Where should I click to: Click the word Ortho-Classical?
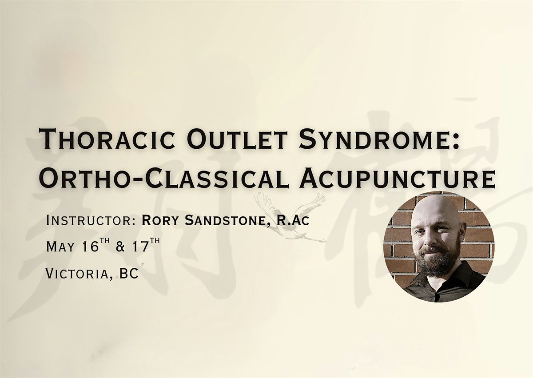(164, 177)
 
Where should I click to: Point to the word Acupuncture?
(398, 177)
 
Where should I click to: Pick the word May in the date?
(60, 247)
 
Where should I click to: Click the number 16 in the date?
(90, 246)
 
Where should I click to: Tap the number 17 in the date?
(141, 246)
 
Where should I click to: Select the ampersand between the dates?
(121, 247)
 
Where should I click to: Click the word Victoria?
(79, 274)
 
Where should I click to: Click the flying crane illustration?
(290, 216)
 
